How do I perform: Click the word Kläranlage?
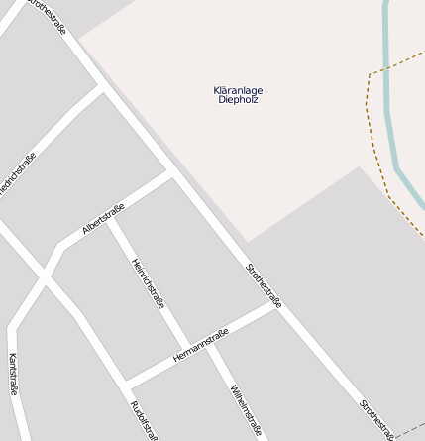coord(238,90)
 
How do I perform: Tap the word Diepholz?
coord(238,100)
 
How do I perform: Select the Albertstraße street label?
coord(103,218)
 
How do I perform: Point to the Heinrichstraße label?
coord(148,282)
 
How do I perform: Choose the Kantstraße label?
coord(13,374)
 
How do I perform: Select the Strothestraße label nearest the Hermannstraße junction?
coord(264,285)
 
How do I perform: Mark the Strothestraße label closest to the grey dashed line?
coord(377,419)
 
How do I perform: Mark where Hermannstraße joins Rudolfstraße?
coord(126,386)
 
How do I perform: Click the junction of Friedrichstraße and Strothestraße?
coord(102,86)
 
